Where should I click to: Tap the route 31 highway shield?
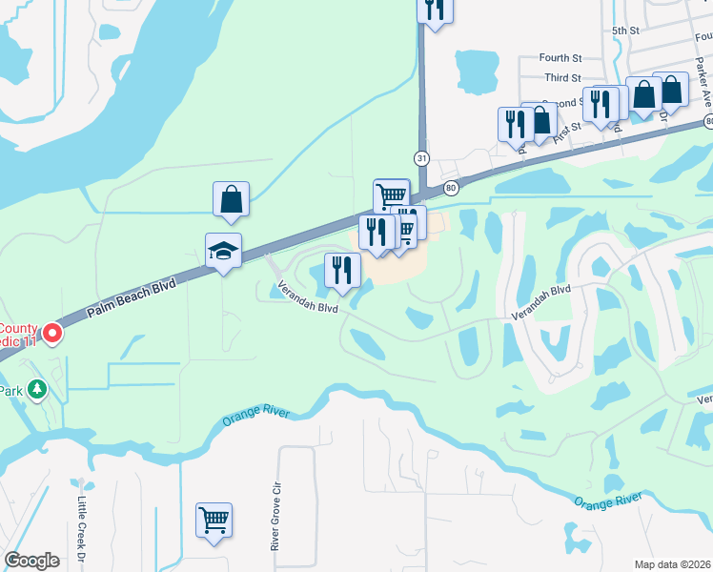tap(420, 156)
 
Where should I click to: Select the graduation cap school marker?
tap(223, 251)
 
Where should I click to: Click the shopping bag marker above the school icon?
tap(231, 199)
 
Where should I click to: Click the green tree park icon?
tap(37, 389)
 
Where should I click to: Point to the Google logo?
tap(31, 561)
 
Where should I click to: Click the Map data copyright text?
tap(673, 564)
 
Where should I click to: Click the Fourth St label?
tap(560, 58)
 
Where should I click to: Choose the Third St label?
tap(562, 78)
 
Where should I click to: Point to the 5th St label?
tap(624, 31)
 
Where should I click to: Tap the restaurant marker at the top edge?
tap(435, 10)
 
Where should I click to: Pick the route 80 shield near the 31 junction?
tap(451, 187)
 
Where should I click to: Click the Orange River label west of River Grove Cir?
tap(253, 416)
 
